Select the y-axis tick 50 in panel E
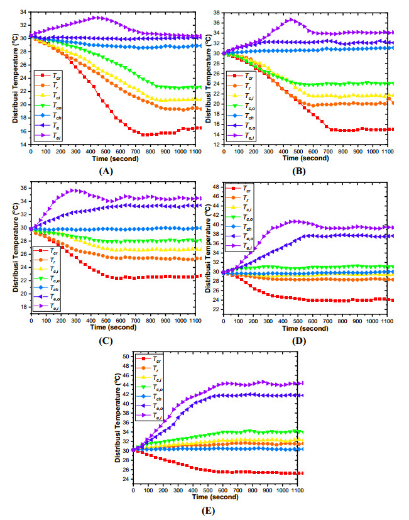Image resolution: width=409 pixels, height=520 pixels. click(125, 356)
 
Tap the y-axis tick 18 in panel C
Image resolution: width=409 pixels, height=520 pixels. click(22, 307)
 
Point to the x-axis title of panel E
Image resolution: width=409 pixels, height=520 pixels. click(218, 497)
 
